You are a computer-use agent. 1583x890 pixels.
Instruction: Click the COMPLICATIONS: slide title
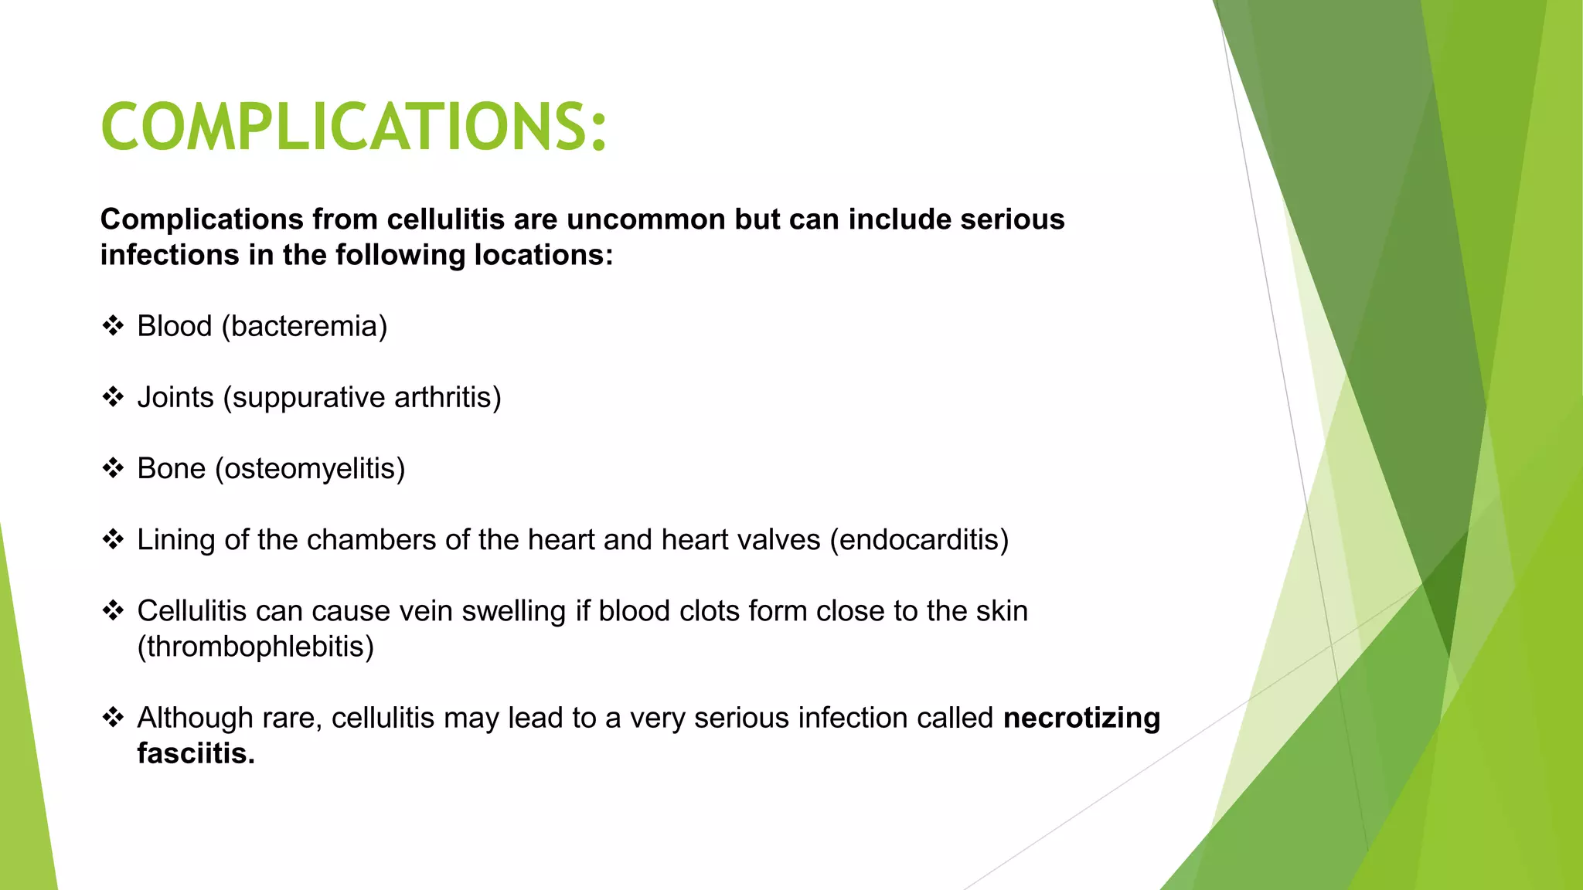[x=354, y=127]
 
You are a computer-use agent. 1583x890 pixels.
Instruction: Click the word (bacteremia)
[x=305, y=327]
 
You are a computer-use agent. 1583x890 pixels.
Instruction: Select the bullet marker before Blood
[x=113, y=326]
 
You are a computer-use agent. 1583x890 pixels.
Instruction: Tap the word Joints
[x=175, y=398]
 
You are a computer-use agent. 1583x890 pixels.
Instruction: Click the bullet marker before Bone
[x=113, y=468]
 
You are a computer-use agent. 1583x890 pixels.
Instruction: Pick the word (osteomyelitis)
[x=310, y=469]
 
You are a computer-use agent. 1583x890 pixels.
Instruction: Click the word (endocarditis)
[x=919, y=540]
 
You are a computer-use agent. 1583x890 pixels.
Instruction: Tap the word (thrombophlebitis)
[x=255, y=647]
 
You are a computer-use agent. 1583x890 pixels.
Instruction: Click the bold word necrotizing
[x=1081, y=718]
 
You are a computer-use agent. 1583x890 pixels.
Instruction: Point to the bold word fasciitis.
[x=196, y=754]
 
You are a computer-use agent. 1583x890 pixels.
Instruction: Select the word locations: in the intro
[x=543, y=256]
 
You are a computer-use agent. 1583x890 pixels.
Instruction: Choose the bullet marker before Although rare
[x=113, y=718]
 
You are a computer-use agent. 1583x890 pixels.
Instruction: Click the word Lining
[x=175, y=540]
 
